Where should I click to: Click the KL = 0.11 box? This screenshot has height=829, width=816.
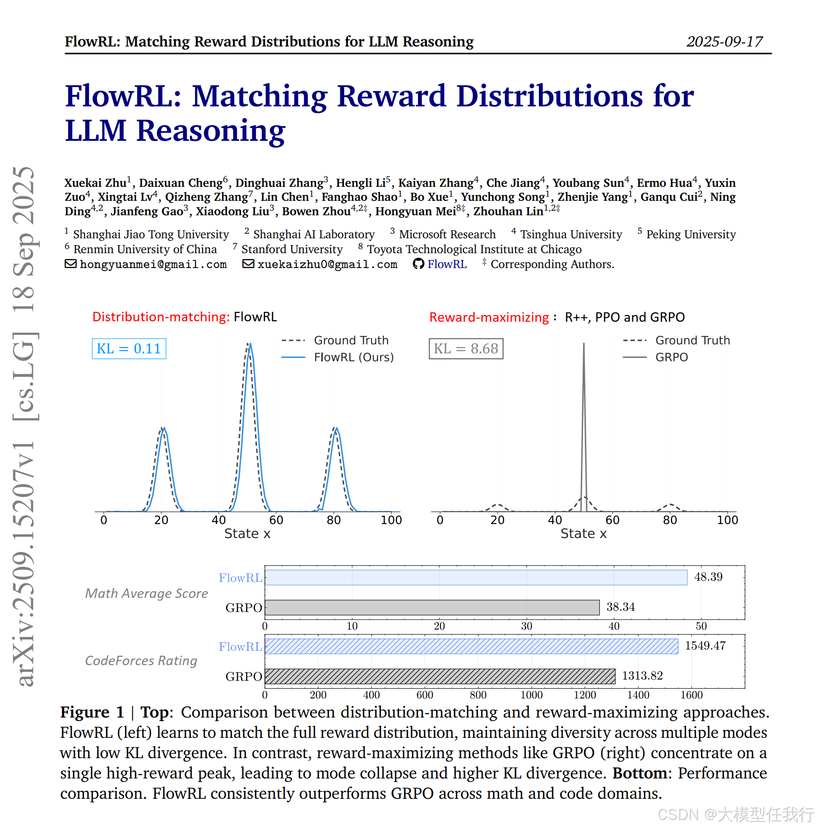coord(129,349)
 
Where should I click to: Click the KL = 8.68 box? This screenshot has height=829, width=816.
coord(466,349)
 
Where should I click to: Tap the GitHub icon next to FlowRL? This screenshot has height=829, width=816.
coord(418,264)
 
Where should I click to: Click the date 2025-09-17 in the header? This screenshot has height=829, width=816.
coord(724,42)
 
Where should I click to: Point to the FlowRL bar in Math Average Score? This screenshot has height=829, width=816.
coord(476,578)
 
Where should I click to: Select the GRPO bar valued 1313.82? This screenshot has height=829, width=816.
coord(440,676)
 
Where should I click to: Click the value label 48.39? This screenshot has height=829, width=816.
coord(708,577)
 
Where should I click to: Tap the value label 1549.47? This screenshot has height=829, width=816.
coord(705,646)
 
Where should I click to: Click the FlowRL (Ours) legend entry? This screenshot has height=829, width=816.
coord(338,357)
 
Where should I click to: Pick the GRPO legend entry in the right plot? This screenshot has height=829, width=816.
coord(655,357)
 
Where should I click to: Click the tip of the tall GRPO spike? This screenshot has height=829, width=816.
coord(584,343)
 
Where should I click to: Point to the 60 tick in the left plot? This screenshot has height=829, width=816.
coord(276,520)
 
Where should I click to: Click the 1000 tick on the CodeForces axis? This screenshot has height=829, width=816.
coord(532,695)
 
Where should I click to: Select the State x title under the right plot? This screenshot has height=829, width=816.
coord(584,534)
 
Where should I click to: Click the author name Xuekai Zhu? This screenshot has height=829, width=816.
coord(95,183)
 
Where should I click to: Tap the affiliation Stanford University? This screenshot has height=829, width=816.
coord(292,250)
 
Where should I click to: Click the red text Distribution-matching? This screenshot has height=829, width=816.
coord(161,317)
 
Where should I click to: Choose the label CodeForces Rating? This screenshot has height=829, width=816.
coord(141,661)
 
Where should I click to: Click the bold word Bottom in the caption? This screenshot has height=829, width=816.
coord(640,773)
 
